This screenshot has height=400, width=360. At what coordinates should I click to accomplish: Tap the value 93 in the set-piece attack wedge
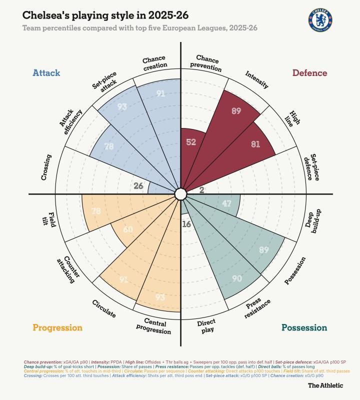tap(122, 106)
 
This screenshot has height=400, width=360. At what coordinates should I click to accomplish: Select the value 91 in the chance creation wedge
tap(160, 93)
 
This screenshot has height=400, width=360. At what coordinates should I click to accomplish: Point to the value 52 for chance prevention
tap(190, 142)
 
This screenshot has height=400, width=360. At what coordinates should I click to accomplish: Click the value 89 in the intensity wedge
tap(236, 111)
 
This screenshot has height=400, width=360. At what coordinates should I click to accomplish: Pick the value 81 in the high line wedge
tap(255, 144)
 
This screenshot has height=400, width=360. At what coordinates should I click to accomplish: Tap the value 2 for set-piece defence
tap(201, 189)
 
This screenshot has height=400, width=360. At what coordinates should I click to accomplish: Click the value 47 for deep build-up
tap(226, 203)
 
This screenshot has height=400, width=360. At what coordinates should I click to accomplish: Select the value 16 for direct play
tap(186, 224)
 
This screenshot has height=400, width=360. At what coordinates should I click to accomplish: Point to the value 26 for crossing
tap(138, 186)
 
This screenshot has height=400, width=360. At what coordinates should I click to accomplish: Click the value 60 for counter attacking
tap(128, 229)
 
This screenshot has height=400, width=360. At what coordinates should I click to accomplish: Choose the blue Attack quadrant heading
tap(46, 73)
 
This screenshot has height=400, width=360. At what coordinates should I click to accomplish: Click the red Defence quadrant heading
tap(309, 73)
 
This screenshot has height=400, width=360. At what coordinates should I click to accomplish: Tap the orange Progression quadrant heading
tap(57, 328)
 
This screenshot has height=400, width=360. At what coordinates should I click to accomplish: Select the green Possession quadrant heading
tap(304, 328)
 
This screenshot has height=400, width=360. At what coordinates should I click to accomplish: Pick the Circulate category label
tap(104, 308)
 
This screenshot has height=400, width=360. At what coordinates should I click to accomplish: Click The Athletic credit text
tap(325, 385)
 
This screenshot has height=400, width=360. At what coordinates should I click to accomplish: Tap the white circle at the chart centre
tap(180, 193)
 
